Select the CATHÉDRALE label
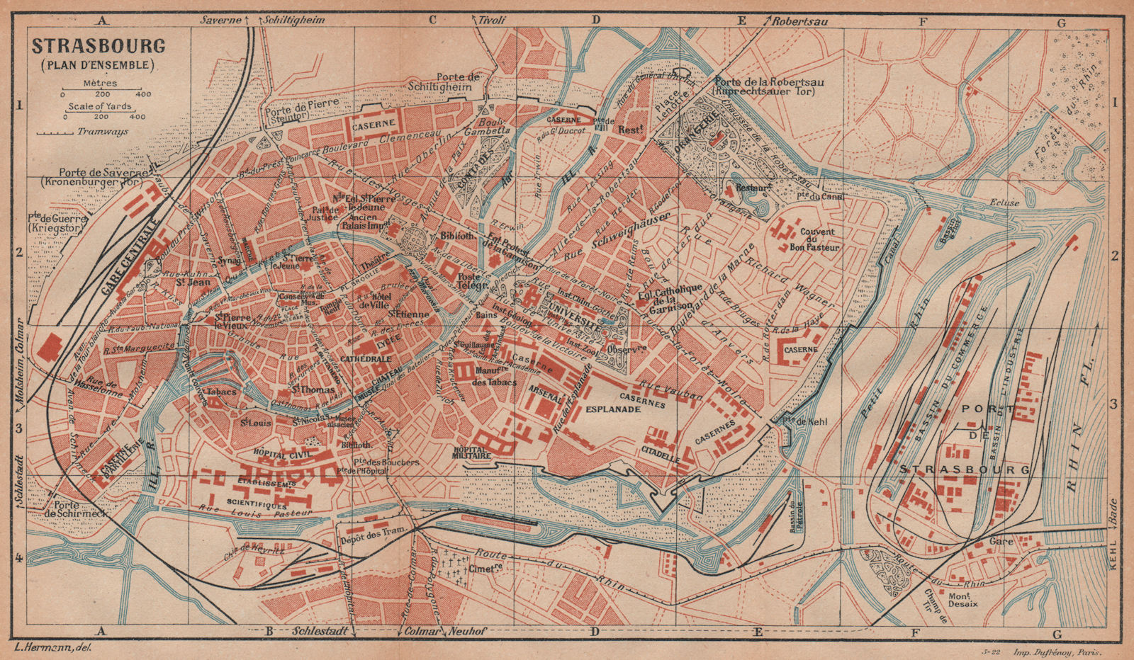pyautogui.click(x=365, y=359)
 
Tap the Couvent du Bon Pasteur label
pyautogui.click(x=817, y=239)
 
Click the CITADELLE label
pyautogui.click(x=661, y=454)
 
